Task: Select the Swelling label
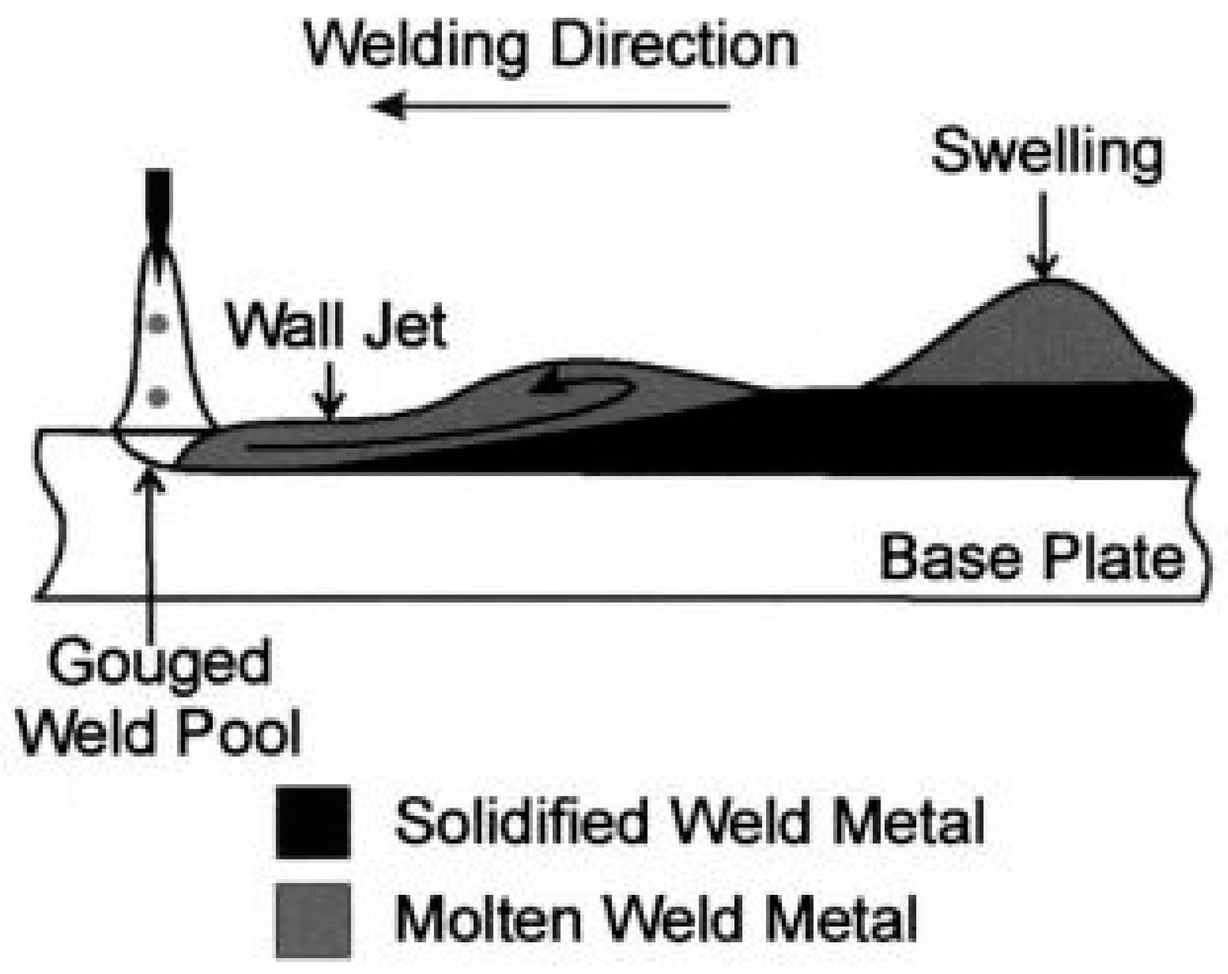tap(1047, 153)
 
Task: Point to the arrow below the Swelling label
tap(1044, 234)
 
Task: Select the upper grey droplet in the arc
tap(159, 323)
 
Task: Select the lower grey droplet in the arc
tap(159, 396)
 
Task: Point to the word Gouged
tap(159, 662)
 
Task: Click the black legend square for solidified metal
tap(313, 823)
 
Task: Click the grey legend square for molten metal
tap(313, 920)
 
